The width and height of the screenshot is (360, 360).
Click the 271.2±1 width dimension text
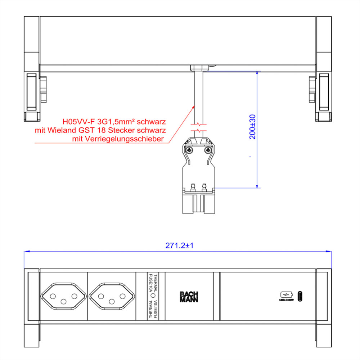(x=179, y=246)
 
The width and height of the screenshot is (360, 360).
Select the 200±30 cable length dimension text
(x=253, y=127)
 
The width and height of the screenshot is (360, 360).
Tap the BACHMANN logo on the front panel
(x=189, y=297)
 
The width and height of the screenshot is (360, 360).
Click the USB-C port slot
(x=300, y=296)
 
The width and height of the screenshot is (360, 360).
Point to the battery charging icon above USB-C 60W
(x=287, y=294)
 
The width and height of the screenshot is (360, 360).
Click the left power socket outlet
(x=64, y=296)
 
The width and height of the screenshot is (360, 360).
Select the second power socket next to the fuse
(x=112, y=296)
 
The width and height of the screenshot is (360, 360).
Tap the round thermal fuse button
(x=153, y=296)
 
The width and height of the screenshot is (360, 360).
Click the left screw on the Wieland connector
(x=189, y=150)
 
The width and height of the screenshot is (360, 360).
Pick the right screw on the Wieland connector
(x=208, y=150)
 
